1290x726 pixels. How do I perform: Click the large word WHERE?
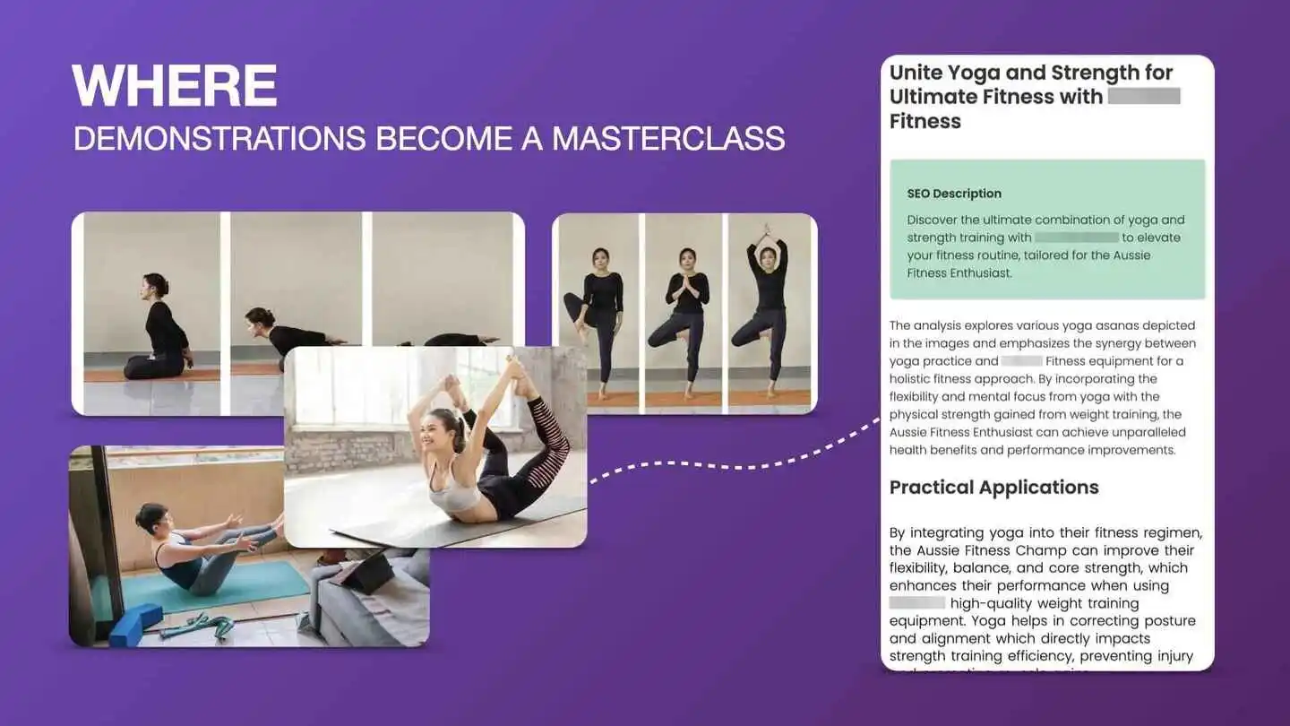[174, 87]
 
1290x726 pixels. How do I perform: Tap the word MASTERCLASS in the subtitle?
[668, 139]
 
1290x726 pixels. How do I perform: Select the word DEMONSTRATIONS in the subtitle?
[219, 139]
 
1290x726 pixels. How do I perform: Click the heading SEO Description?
[954, 194]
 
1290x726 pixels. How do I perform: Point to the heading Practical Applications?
[993, 488]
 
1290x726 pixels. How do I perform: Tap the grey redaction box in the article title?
[1144, 97]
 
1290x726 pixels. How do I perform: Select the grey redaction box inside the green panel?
[1076, 238]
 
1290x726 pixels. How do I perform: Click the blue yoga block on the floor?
[135, 624]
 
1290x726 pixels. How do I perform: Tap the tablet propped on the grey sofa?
[364, 571]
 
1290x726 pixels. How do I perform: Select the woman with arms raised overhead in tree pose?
[769, 305]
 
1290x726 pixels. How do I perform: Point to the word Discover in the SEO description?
[933, 220]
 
